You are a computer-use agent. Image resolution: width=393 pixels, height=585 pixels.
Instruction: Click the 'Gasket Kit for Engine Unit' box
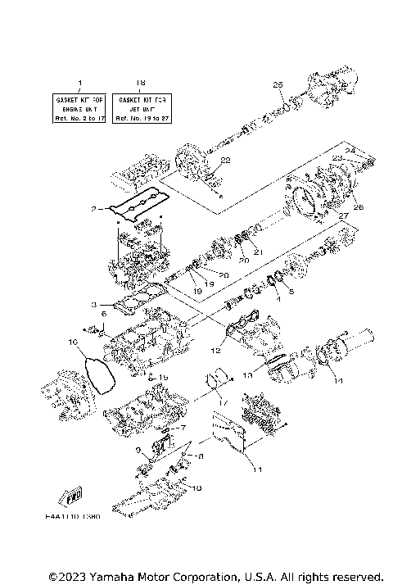point(80,107)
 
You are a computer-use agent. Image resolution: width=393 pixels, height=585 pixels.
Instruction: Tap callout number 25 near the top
point(277,85)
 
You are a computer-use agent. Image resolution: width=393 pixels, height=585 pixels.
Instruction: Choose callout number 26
point(358,206)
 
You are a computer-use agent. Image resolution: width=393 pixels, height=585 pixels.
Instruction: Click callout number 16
point(72,341)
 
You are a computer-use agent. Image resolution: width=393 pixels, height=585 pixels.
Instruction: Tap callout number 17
point(222,403)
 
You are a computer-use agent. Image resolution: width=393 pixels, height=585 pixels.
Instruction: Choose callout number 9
point(138,450)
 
